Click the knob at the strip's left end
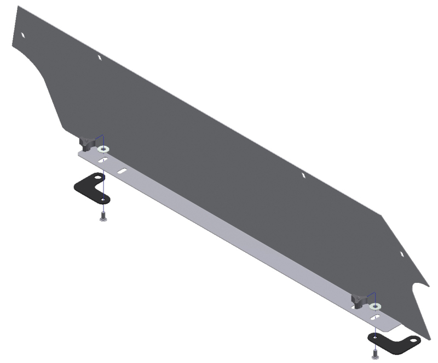coord(86,144)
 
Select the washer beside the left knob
coord(103,149)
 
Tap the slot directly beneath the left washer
coord(103,160)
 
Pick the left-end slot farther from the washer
coord(122,171)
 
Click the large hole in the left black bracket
coord(98,178)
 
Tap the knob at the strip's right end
coord(358,300)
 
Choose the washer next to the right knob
coord(374,306)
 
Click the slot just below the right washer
coord(375,317)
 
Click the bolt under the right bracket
coord(375,354)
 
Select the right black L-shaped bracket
coord(393,342)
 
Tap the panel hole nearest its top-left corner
coord(23,35)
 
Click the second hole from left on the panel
coord(99,57)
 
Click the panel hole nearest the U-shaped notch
coord(402,254)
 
